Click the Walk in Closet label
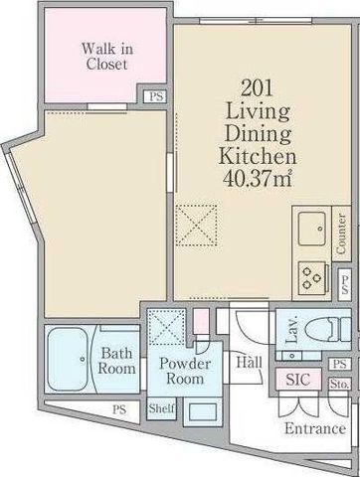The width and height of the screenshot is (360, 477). click(107, 57)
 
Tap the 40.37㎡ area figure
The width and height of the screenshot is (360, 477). click(258, 179)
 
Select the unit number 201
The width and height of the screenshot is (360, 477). click(258, 88)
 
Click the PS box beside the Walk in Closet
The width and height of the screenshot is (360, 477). click(156, 96)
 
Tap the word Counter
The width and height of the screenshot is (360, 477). click(341, 234)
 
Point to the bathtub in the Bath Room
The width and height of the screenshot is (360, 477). click(68, 360)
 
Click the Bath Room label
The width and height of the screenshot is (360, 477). click(116, 361)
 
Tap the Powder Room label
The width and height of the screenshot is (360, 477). click(185, 371)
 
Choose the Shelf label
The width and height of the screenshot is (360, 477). click(161, 408)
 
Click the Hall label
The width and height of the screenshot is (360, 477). click(249, 362)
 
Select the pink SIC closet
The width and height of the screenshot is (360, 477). click(298, 379)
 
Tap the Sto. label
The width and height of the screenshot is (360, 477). click(339, 385)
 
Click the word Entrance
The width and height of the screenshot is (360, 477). click(315, 428)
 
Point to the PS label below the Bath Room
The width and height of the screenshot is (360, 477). click(119, 409)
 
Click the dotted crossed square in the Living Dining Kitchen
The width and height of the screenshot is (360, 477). click(196, 226)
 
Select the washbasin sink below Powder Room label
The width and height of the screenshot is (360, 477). click(202, 411)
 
